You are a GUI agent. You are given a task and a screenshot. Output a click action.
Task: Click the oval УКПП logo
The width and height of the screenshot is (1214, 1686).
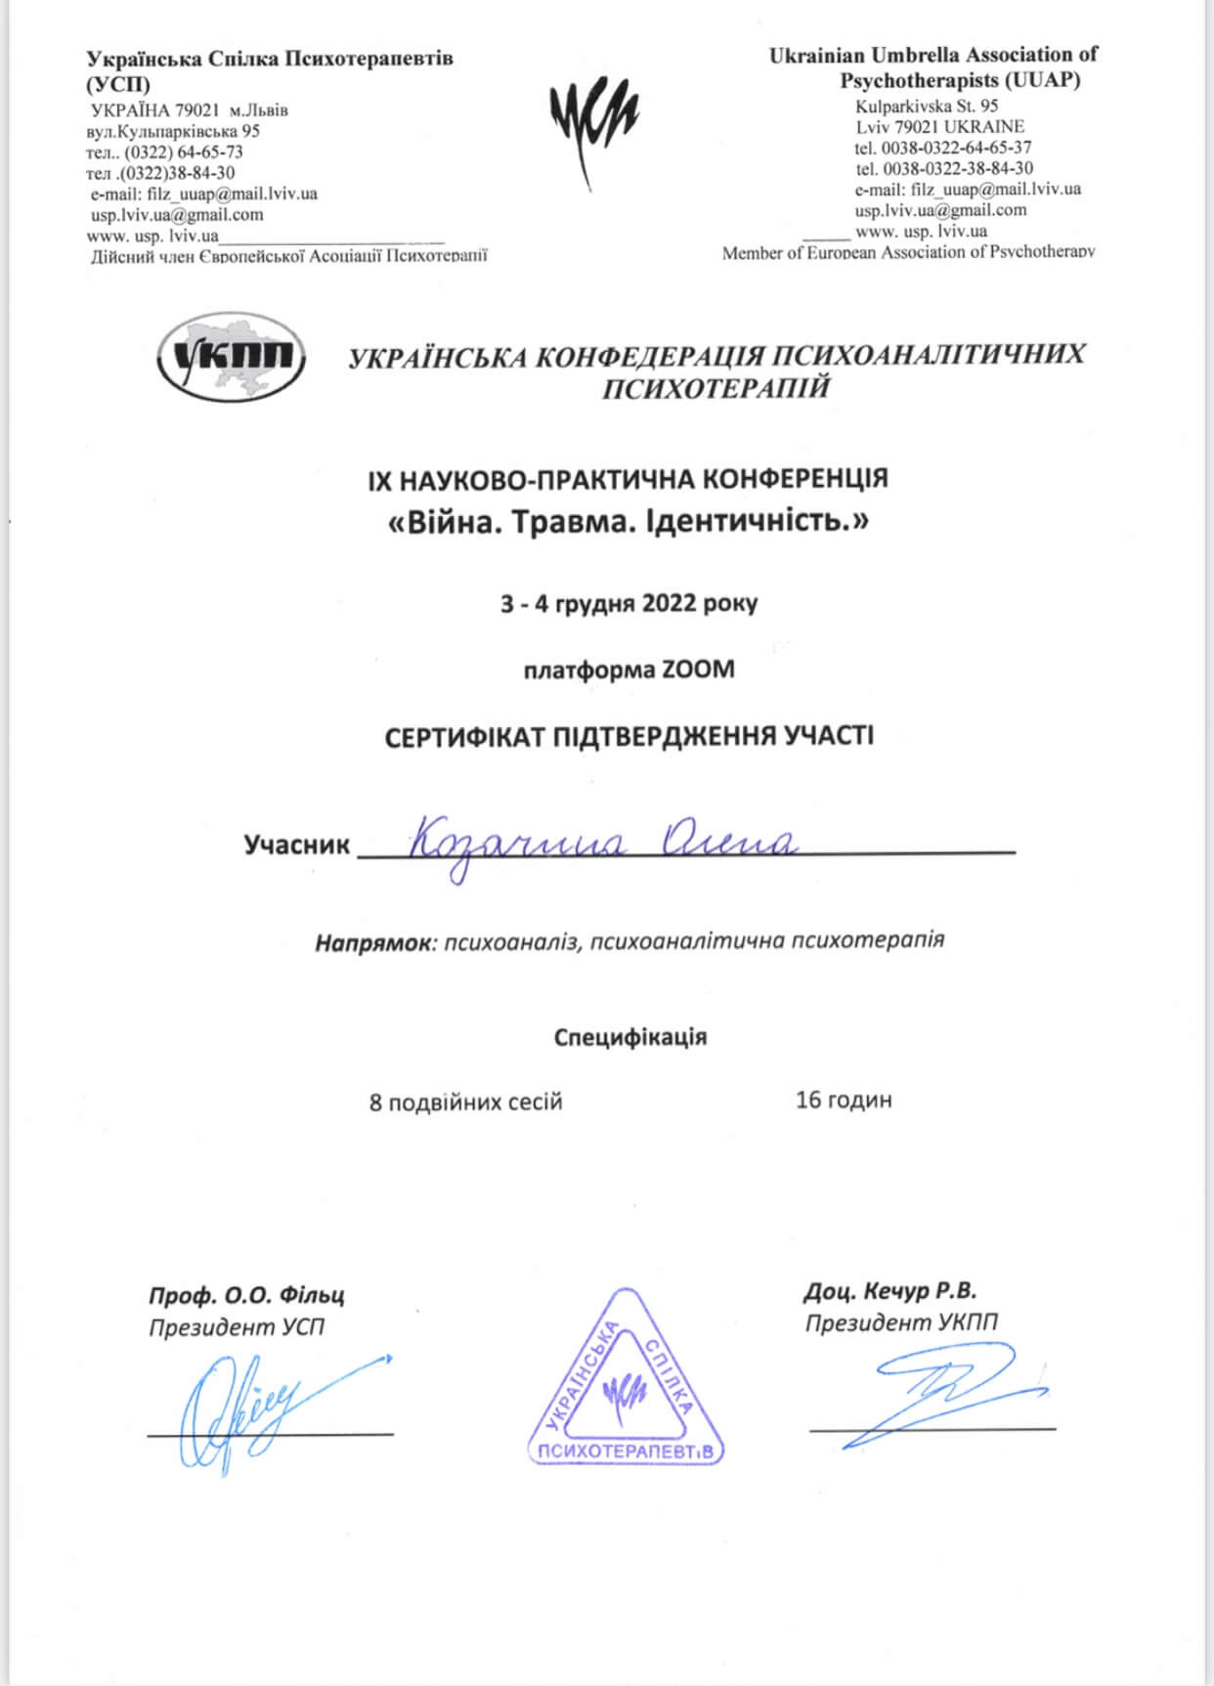click(232, 358)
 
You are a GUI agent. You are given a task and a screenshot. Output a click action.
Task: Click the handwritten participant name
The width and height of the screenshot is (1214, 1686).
click(601, 843)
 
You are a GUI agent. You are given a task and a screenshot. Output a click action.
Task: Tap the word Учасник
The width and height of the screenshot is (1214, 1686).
click(296, 844)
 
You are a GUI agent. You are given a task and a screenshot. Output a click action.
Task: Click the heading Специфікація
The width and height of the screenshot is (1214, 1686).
click(629, 1037)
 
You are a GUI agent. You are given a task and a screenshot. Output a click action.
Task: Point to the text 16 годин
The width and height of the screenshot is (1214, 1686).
click(844, 1100)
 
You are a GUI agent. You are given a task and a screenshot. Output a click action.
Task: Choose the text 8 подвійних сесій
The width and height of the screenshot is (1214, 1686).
click(465, 1102)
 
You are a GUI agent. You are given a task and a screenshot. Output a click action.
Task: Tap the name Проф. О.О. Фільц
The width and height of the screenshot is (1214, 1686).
click(246, 1296)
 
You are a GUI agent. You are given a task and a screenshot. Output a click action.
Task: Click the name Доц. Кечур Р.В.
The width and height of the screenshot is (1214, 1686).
click(889, 1291)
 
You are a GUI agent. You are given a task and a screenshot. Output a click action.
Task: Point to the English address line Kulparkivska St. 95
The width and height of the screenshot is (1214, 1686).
click(926, 106)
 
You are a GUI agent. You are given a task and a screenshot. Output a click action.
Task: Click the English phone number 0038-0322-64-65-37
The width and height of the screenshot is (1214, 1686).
click(956, 148)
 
